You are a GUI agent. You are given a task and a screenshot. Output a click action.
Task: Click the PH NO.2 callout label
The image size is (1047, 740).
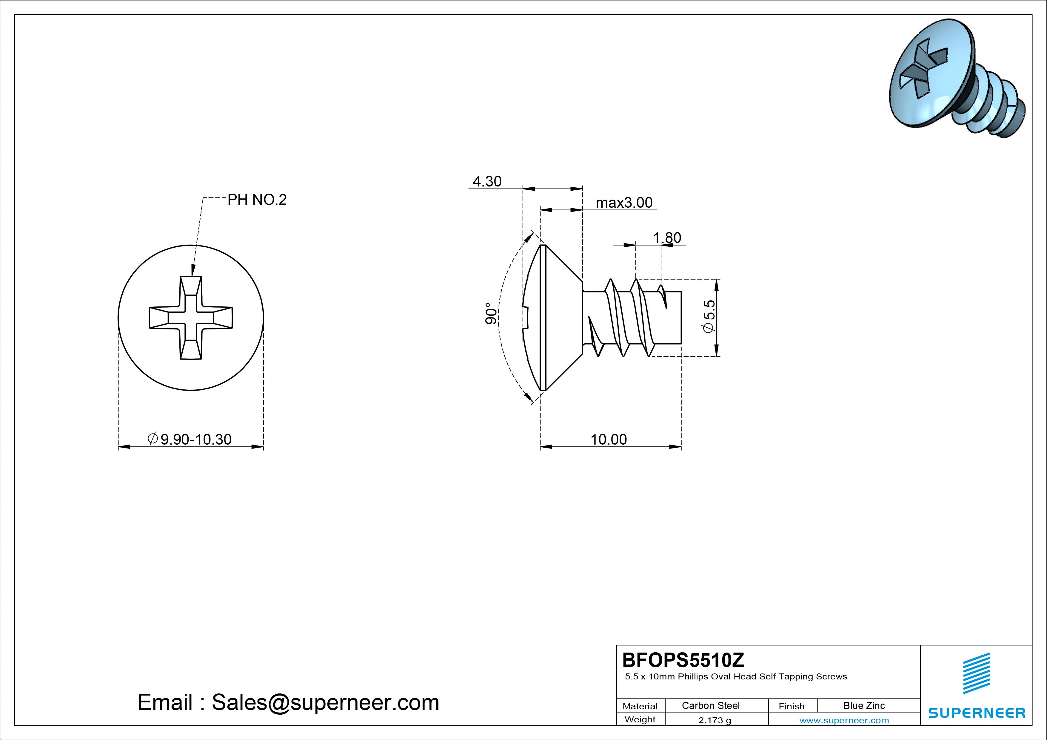tap(257, 200)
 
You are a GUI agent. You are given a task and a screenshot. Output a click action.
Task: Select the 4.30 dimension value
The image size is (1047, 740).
tap(487, 181)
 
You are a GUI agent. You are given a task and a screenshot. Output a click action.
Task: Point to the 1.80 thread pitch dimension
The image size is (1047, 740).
tap(667, 238)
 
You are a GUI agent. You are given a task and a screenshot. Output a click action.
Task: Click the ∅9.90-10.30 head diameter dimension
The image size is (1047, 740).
tap(190, 439)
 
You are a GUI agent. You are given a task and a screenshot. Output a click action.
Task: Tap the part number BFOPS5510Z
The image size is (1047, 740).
tap(683, 660)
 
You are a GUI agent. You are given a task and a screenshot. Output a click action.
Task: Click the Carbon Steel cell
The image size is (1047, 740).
tap(710, 705)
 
